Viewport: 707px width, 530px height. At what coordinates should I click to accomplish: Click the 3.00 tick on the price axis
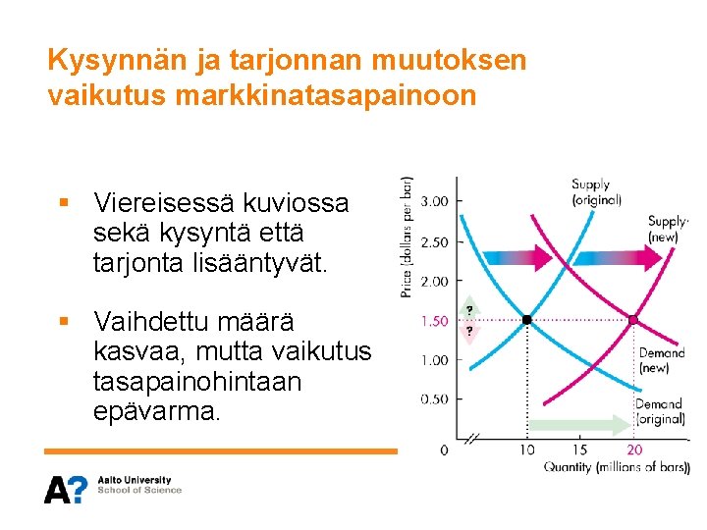coord(434,201)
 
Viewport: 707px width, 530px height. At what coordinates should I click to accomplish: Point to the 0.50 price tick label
coord(434,399)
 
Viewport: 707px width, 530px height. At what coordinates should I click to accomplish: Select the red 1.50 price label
coord(434,321)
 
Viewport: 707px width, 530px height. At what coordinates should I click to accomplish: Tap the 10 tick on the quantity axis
coord(527,450)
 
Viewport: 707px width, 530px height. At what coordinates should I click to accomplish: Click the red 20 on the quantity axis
coord(634,450)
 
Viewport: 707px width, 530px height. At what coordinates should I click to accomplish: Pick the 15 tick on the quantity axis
coord(580,450)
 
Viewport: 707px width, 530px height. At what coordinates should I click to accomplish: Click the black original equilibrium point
coord(527,320)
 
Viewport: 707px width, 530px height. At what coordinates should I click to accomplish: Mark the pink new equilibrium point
coord(634,320)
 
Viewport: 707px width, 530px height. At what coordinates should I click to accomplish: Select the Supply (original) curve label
coord(596,192)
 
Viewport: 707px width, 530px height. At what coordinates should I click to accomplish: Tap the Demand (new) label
coord(661,360)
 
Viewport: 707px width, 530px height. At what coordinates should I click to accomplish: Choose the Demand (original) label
coord(659,411)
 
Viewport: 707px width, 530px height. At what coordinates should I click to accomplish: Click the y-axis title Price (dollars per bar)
coord(408,237)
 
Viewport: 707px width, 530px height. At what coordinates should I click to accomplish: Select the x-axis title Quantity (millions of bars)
coord(616,467)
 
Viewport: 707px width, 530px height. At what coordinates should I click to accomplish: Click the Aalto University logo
coord(113,488)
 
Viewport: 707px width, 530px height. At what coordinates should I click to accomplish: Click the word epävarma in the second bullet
coord(157,411)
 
